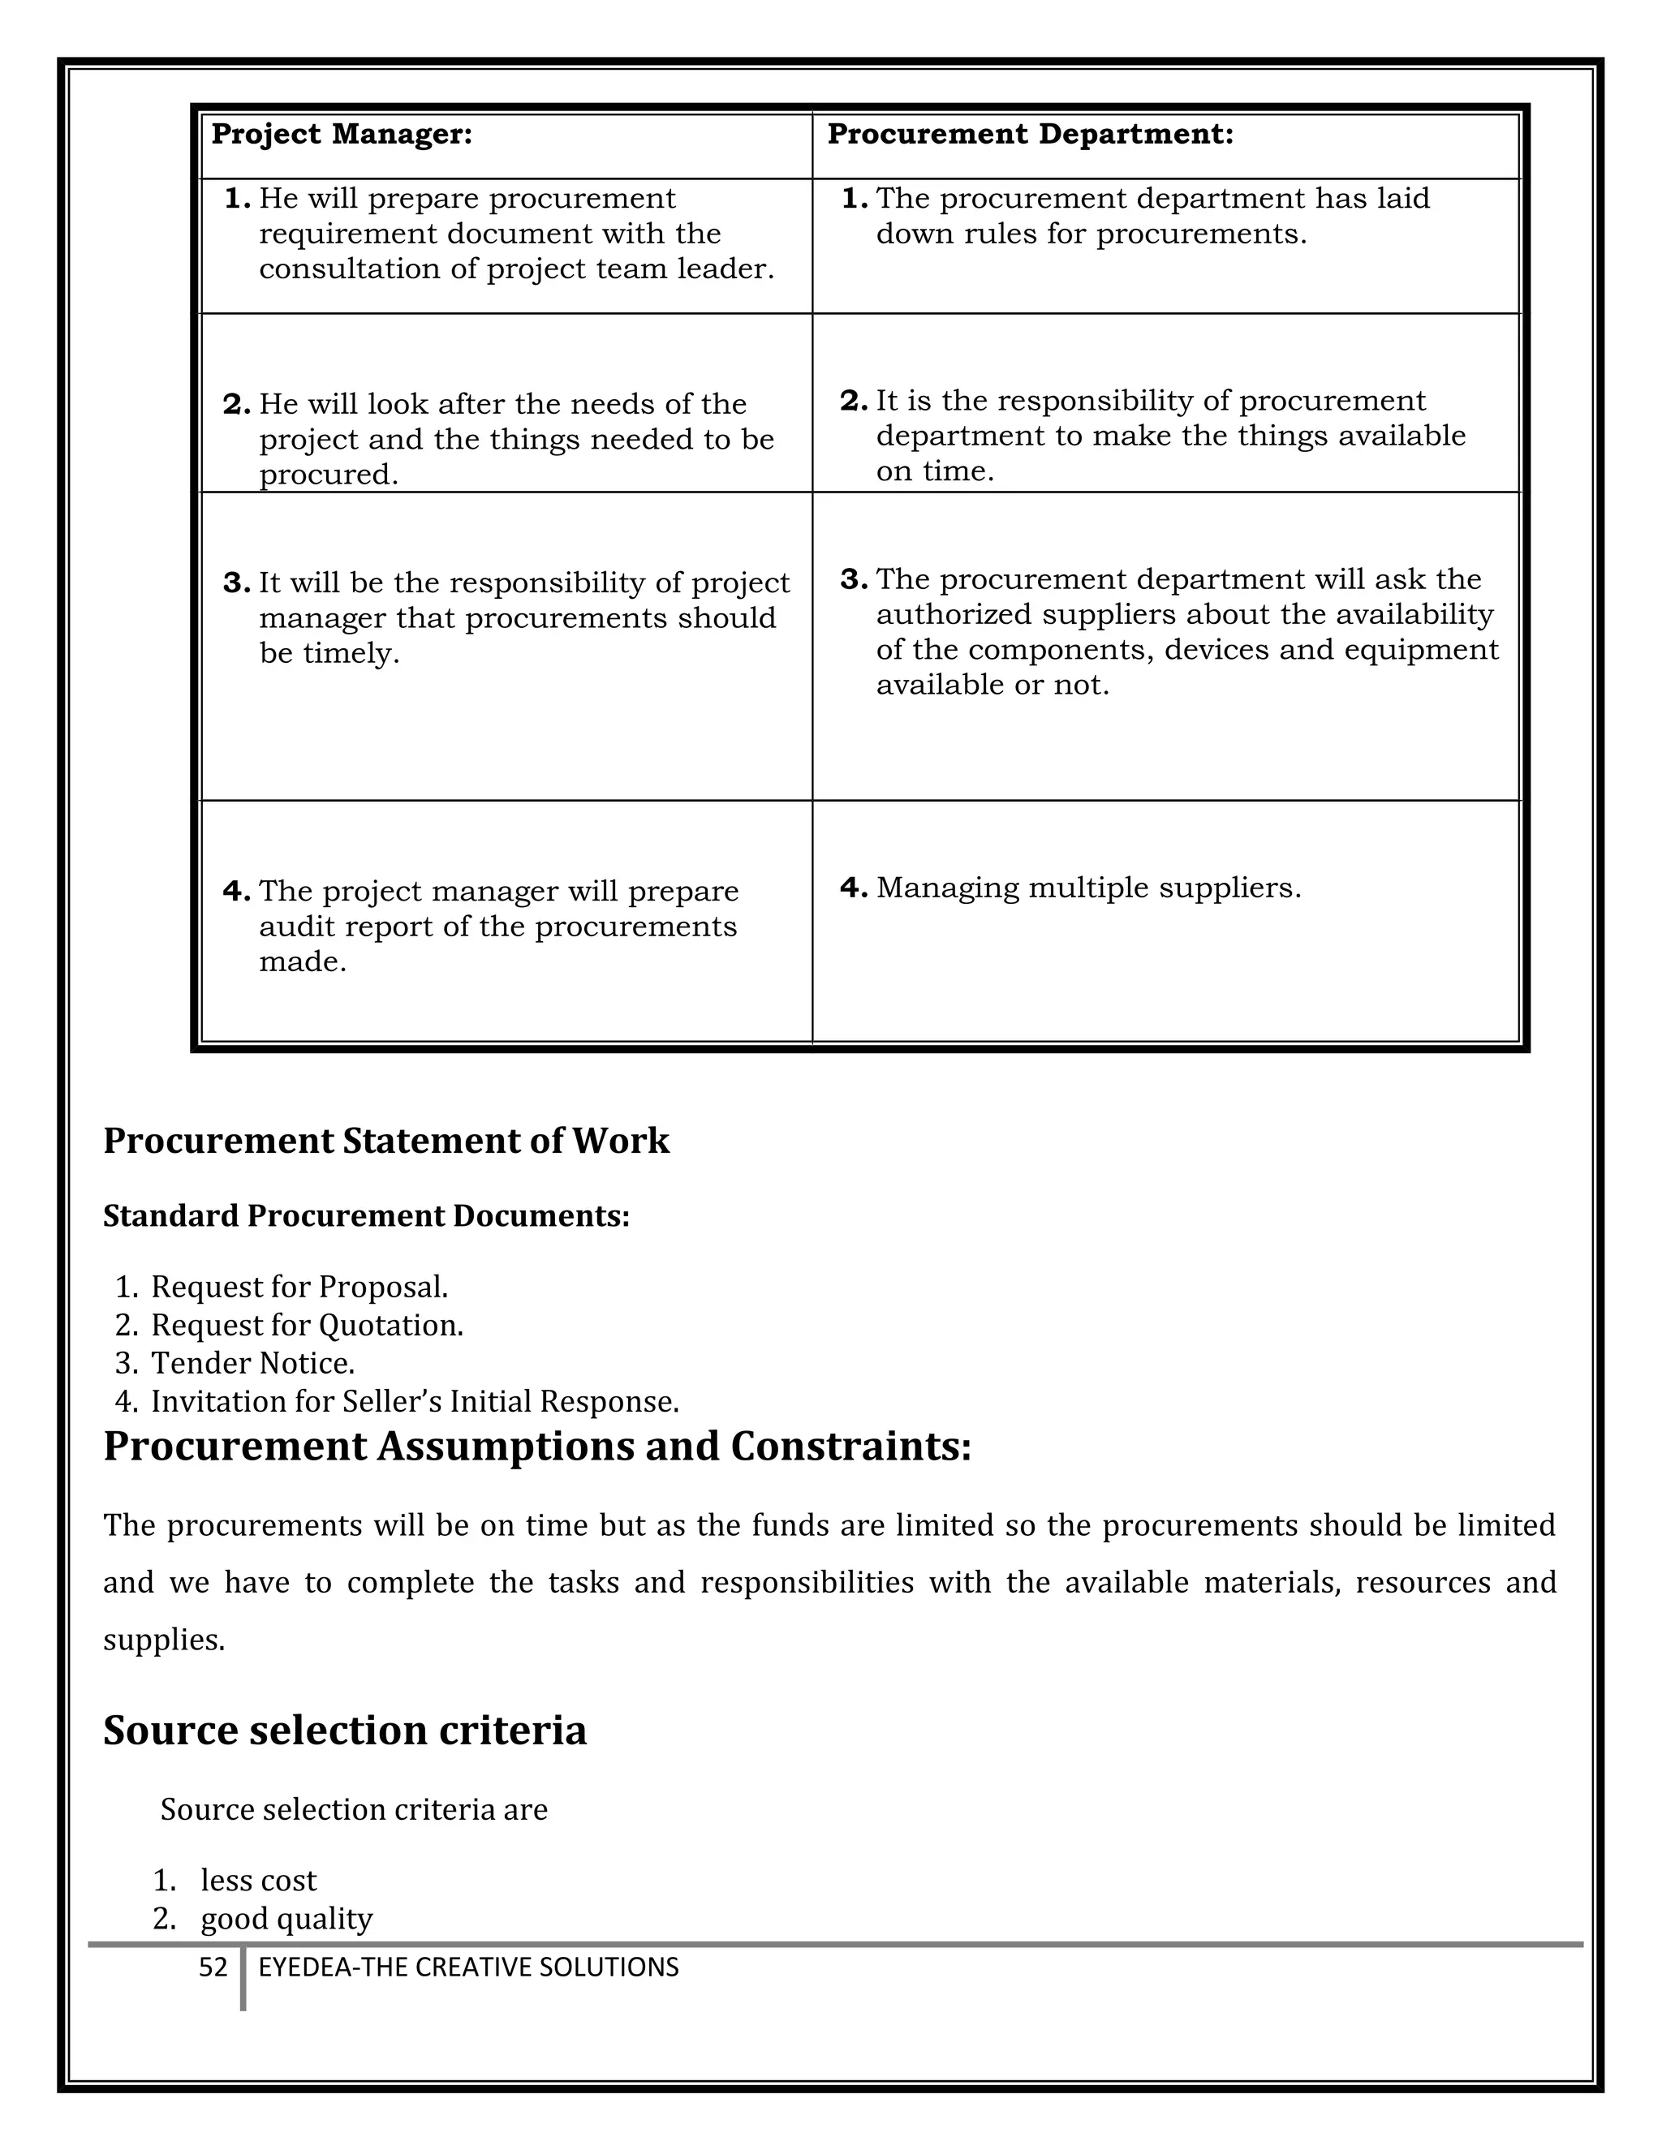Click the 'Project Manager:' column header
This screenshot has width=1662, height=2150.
tap(342, 135)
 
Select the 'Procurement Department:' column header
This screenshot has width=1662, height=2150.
tap(1030, 135)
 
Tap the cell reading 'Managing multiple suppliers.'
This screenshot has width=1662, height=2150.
tap(1088, 888)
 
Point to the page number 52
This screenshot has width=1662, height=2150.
tap(213, 1967)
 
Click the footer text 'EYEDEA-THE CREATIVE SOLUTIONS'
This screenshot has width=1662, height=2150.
tap(469, 1967)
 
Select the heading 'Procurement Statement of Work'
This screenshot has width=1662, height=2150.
tap(386, 1141)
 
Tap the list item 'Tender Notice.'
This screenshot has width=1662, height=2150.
tap(252, 1364)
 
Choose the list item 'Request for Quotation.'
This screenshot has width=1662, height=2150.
tap(306, 1325)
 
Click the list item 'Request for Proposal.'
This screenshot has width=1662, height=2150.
tap(299, 1287)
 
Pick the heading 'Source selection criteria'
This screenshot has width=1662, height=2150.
tap(345, 1730)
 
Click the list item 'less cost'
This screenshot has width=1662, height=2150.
tap(258, 1881)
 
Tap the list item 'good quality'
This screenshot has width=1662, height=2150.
tap(286, 1919)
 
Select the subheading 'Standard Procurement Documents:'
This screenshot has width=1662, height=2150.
tap(366, 1216)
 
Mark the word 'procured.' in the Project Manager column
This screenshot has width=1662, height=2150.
tap(329, 475)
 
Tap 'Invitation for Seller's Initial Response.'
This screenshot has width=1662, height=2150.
tap(415, 1401)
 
